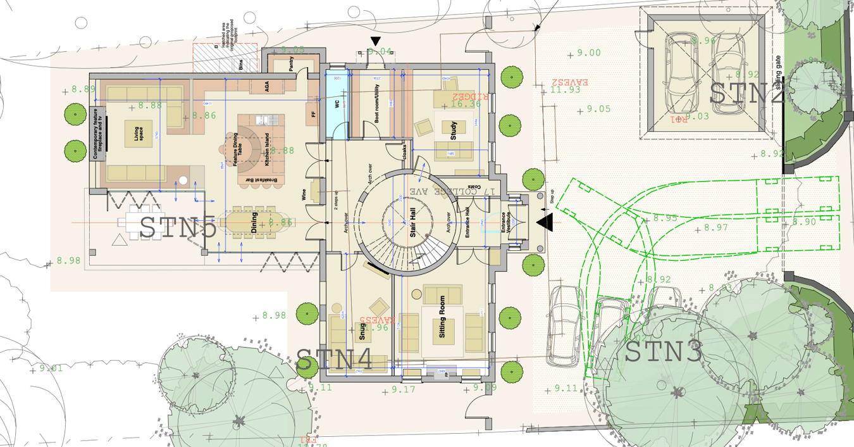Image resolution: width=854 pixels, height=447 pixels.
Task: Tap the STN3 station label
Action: coord(663,353)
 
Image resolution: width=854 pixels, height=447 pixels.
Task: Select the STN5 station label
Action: coord(178,227)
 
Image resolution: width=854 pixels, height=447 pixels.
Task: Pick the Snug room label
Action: coord(362,330)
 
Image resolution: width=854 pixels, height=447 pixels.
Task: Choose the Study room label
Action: coord(453,130)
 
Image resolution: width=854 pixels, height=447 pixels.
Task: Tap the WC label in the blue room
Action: coord(337,104)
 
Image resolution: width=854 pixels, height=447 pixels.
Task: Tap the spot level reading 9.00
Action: coord(589,53)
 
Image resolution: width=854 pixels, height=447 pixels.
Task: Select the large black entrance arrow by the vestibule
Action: coord(545,222)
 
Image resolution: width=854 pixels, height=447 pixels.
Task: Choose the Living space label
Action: coord(138,134)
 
